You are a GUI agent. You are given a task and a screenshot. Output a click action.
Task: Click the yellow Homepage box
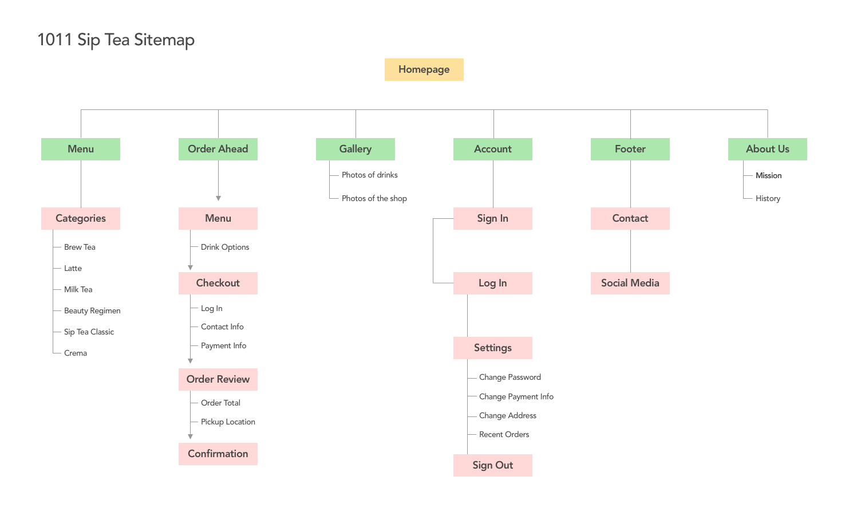[424, 69]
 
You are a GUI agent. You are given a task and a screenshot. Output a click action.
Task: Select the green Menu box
[81, 149]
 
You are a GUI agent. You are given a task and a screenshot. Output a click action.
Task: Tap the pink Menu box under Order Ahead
[218, 218]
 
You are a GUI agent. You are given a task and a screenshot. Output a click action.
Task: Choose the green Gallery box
[356, 149]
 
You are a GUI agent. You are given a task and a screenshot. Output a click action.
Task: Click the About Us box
[767, 149]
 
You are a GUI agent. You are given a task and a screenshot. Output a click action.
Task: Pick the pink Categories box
[81, 218]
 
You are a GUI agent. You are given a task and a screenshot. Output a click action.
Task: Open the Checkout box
[218, 283]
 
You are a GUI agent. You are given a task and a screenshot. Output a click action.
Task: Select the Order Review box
[218, 379]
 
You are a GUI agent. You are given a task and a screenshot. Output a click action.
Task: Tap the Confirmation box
[218, 454]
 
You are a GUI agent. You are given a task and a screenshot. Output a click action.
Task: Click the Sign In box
[493, 218]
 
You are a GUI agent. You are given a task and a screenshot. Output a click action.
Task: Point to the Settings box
[493, 348]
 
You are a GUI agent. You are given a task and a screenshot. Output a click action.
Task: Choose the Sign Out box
[493, 465]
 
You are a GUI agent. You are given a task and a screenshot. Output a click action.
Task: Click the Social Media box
[630, 283]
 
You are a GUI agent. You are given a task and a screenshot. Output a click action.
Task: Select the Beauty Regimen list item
[92, 310]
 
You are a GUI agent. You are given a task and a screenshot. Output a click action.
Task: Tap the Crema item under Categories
[76, 353]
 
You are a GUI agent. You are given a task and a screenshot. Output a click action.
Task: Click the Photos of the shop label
[374, 198]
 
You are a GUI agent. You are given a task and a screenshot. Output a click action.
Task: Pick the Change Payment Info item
[516, 396]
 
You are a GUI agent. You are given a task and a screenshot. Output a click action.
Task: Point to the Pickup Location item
[228, 422]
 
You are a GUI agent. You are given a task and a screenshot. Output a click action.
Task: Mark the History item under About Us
[768, 198]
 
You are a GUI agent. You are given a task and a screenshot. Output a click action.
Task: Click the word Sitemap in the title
[164, 40]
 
